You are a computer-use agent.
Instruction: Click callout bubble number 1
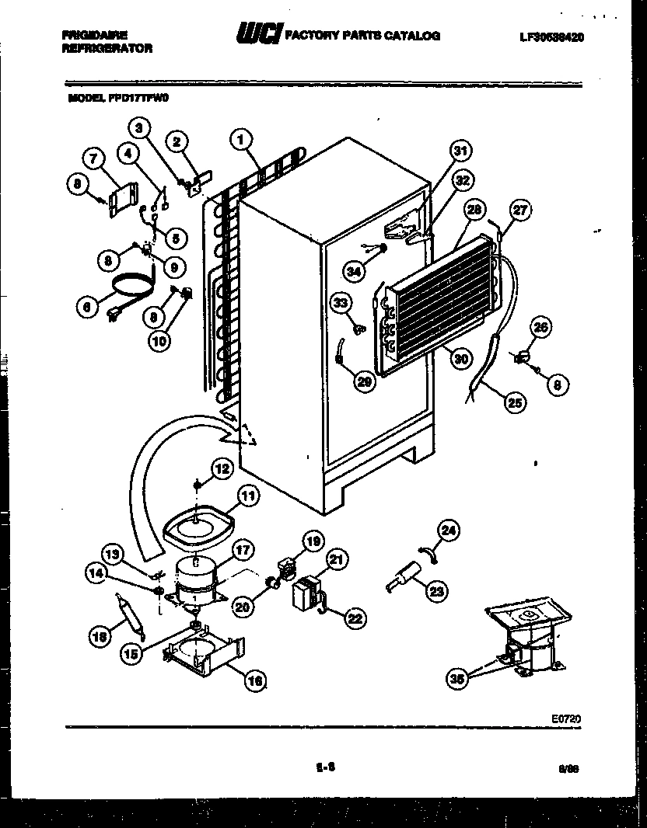(242, 139)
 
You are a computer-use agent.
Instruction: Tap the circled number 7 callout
(93, 159)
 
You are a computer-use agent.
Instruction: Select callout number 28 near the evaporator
(472, 209)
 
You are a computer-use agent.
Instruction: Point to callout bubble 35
(459, 678)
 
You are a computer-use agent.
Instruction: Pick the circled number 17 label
(243, 550)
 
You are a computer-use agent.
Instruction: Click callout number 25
(514, 402)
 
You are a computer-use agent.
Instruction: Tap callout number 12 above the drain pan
(222, 468)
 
